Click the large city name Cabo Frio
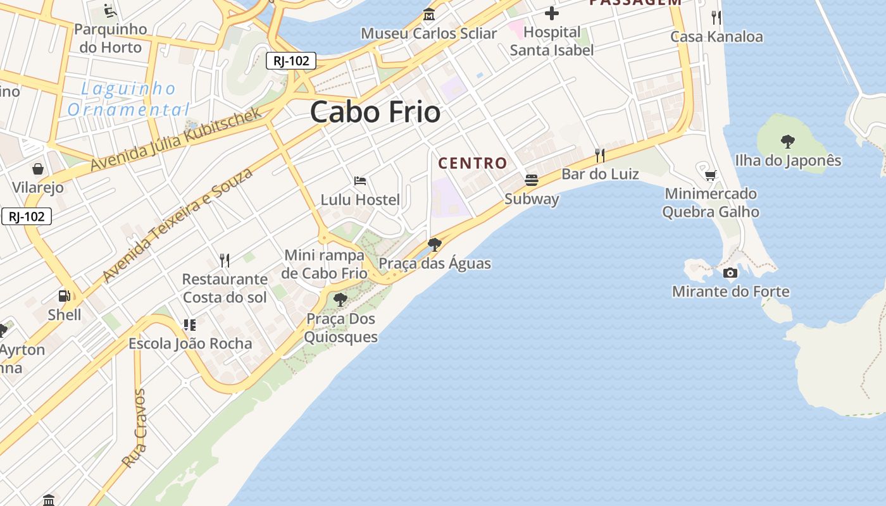375,113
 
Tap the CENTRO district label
473,163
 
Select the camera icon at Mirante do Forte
730,273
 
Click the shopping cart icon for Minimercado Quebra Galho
710,175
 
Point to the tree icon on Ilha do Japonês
788,141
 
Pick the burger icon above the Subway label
532,180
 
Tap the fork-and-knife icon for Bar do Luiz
600,155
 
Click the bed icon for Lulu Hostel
360,181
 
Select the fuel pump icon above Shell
64,295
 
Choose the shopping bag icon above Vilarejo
38,168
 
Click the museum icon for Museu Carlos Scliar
429,14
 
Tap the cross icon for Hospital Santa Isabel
552,13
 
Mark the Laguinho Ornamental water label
128,99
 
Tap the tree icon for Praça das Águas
434,244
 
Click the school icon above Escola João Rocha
190,325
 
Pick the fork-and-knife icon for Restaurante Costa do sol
225,259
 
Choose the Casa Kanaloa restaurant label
716,37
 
